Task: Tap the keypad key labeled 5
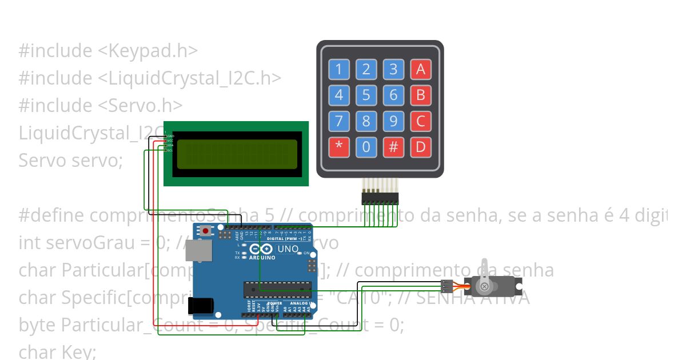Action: [366, 94]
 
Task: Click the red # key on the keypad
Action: [393, 147]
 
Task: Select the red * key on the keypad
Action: [338, 147]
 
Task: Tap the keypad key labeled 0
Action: [366, 147]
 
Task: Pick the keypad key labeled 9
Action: [393, 121]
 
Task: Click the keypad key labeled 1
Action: [338, 70]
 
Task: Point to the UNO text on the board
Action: [288, 249]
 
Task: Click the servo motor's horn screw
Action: [485, 285]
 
